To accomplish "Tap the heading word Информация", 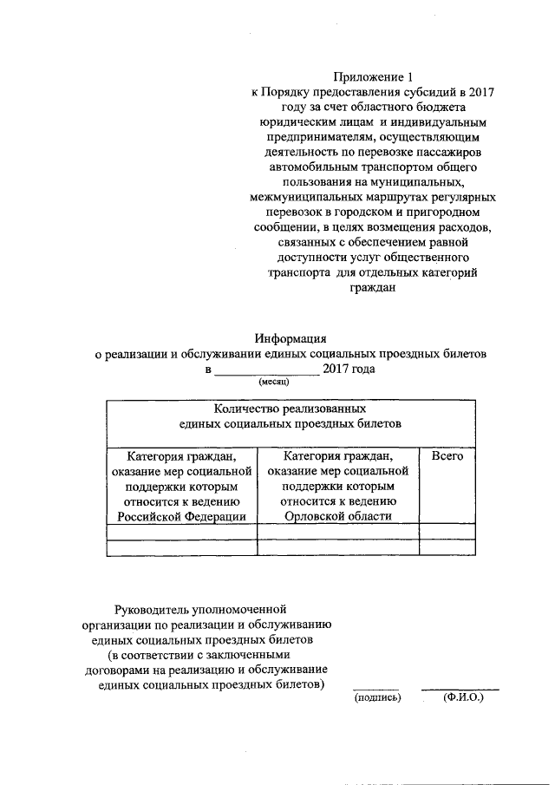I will pos(290,338).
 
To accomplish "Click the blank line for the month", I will pos(265,371).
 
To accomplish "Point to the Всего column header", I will pos(447,455).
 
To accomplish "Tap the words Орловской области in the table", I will pos(338,516).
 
